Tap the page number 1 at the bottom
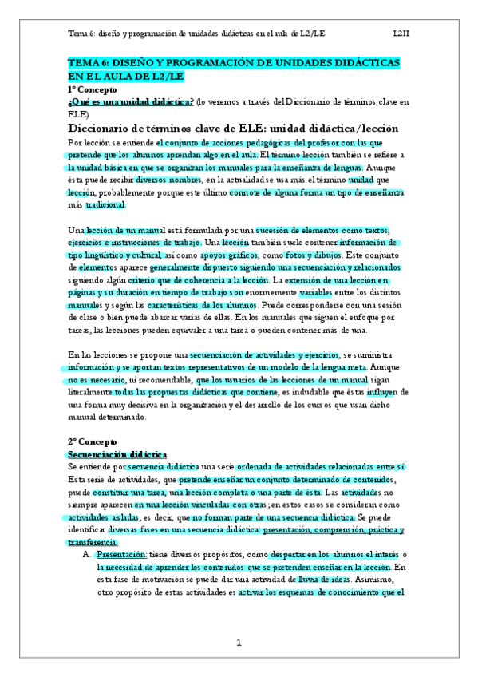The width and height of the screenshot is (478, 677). click(x=238, y=643)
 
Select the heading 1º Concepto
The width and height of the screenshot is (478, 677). click(x=92, y=90)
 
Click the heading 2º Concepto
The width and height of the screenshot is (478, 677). click(x=92, y=441)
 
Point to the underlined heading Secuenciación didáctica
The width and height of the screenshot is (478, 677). click(x=117, y=453)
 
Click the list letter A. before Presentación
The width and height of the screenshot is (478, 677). click(x=86, y=555)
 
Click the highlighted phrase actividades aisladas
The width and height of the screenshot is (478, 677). click(x=103, y=517)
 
